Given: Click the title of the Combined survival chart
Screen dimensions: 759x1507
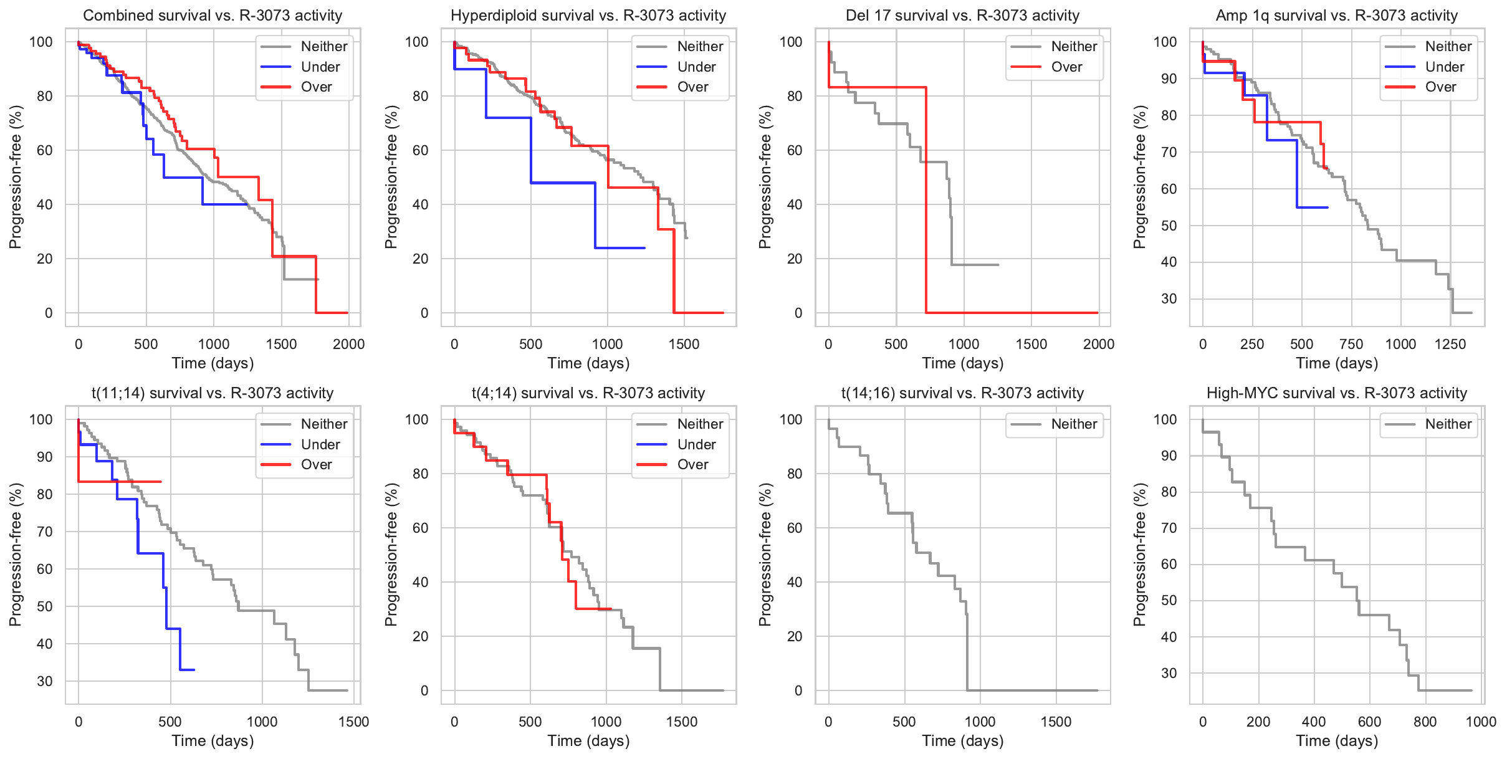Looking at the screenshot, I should click(x=213, y=16).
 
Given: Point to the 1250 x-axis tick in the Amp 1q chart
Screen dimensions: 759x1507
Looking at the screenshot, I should click(x=1450, y=344).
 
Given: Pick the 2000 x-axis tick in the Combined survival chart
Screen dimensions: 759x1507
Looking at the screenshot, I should click(x=348, y=344).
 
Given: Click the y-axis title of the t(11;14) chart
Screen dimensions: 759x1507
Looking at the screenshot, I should click(x=15, y=555).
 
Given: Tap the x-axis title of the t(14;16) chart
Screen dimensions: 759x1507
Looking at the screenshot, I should click(x=962, y=740).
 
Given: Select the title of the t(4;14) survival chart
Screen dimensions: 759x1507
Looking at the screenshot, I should click(x=588, y=393).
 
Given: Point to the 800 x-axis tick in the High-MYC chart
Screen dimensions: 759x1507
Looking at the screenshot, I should click(x=1425, y=722).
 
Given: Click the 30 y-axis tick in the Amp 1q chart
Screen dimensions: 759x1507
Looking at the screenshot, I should click(x=1169, y=298).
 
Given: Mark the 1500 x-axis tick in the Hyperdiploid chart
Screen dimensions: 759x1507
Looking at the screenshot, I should click(x=684, y=344).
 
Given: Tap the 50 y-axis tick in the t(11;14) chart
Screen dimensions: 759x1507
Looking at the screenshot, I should click(x=45, y=606).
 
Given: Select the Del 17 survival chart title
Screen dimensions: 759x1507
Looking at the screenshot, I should click(x=962, y=16).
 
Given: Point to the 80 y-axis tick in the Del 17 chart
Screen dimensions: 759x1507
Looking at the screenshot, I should click(x=794, y=96).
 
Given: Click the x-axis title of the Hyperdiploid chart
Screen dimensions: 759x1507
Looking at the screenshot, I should click(x=588, y=363).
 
